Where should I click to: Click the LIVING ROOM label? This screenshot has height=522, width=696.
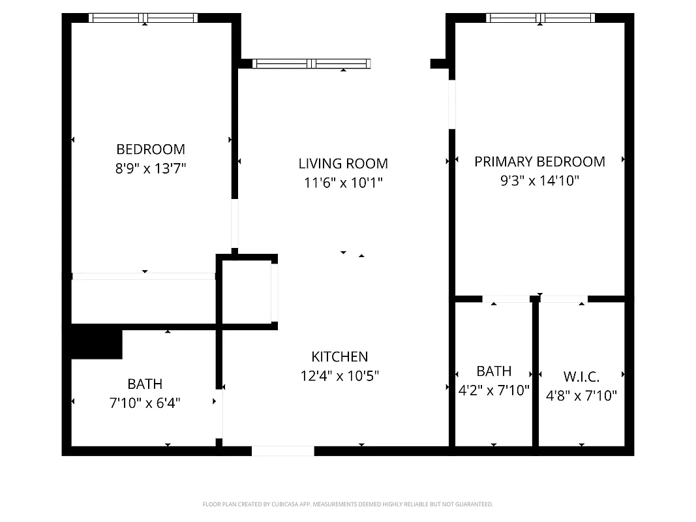point(343,164)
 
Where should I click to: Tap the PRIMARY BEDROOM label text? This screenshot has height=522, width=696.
point(539,162)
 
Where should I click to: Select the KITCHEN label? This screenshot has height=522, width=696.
point(339,357)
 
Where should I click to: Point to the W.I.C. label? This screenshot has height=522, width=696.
point(581,376)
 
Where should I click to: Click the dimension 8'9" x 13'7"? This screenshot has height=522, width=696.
point(151,168)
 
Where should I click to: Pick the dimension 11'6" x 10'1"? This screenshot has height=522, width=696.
point(343,183)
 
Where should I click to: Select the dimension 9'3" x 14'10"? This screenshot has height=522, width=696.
point(539,181)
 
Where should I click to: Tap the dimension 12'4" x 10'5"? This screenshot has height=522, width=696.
point(339,376)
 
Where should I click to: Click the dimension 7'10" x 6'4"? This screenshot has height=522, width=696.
point(144,403)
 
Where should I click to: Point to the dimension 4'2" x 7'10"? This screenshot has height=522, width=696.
point(494,391)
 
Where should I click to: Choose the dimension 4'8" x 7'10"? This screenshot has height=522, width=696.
point(581,395)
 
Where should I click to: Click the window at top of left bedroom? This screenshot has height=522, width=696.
point(144,18)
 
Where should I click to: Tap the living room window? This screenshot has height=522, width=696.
point(311,64)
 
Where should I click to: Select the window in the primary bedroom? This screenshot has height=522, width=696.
point(540,18)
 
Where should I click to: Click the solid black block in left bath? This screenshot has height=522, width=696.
point(96,342)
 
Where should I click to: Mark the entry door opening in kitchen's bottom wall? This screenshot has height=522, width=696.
point(282,451)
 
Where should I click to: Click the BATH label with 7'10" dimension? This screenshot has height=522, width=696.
point(145,384)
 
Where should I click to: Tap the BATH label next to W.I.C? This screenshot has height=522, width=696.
point(494,371)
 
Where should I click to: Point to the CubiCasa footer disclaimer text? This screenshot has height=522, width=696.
point(348,504)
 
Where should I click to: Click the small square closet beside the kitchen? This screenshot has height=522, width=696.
point(246,292)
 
